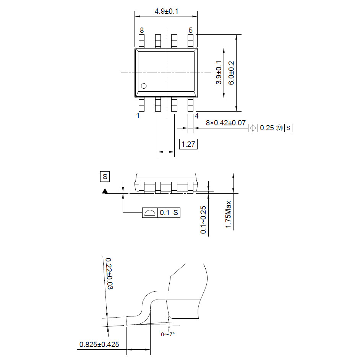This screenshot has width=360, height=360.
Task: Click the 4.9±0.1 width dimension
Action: click(x=166, y=11)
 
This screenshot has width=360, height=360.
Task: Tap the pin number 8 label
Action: click(x=142, y=30)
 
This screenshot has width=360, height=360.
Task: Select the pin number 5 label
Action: click(x=190, y=30)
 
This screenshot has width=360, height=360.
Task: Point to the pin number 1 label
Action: click(x=138, y=115)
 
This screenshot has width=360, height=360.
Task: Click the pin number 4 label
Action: click(x=196, y=115)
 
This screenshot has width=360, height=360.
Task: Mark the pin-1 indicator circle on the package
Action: click(x=144, y=86)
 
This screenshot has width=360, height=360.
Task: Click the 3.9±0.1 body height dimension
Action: click(x=219, y=73)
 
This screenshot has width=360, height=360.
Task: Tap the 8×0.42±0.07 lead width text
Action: click(x=226, y=123)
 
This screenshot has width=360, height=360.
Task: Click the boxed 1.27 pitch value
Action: click(x=188, y=144)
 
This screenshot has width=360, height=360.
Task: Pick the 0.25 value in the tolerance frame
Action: click(x=267, y=128)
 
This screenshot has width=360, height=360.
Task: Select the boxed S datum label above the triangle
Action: click(x=105, y=177)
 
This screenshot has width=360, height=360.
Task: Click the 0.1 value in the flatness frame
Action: click(x=164, y=213)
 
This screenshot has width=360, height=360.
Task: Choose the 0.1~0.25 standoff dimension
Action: click(x=203, y=220)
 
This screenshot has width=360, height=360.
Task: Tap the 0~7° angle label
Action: click(x=168, y=334)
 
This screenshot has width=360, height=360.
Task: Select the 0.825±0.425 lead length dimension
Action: click(x=99, y=345)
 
